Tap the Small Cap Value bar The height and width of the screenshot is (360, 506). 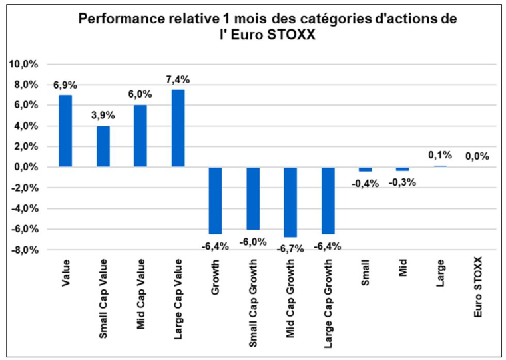[x=103, y=146]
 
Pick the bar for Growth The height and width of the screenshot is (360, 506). [x=215, y=200]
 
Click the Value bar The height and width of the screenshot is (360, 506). [x=65, y=130]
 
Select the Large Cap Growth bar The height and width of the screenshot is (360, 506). [x=328, y=200]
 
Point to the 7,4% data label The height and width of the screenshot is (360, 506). [x=178, y=79]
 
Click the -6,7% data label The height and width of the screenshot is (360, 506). [x=291, y=248]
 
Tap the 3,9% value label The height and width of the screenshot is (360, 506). [x=103, y=115]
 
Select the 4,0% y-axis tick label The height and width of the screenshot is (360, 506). [x=26, y=126]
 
